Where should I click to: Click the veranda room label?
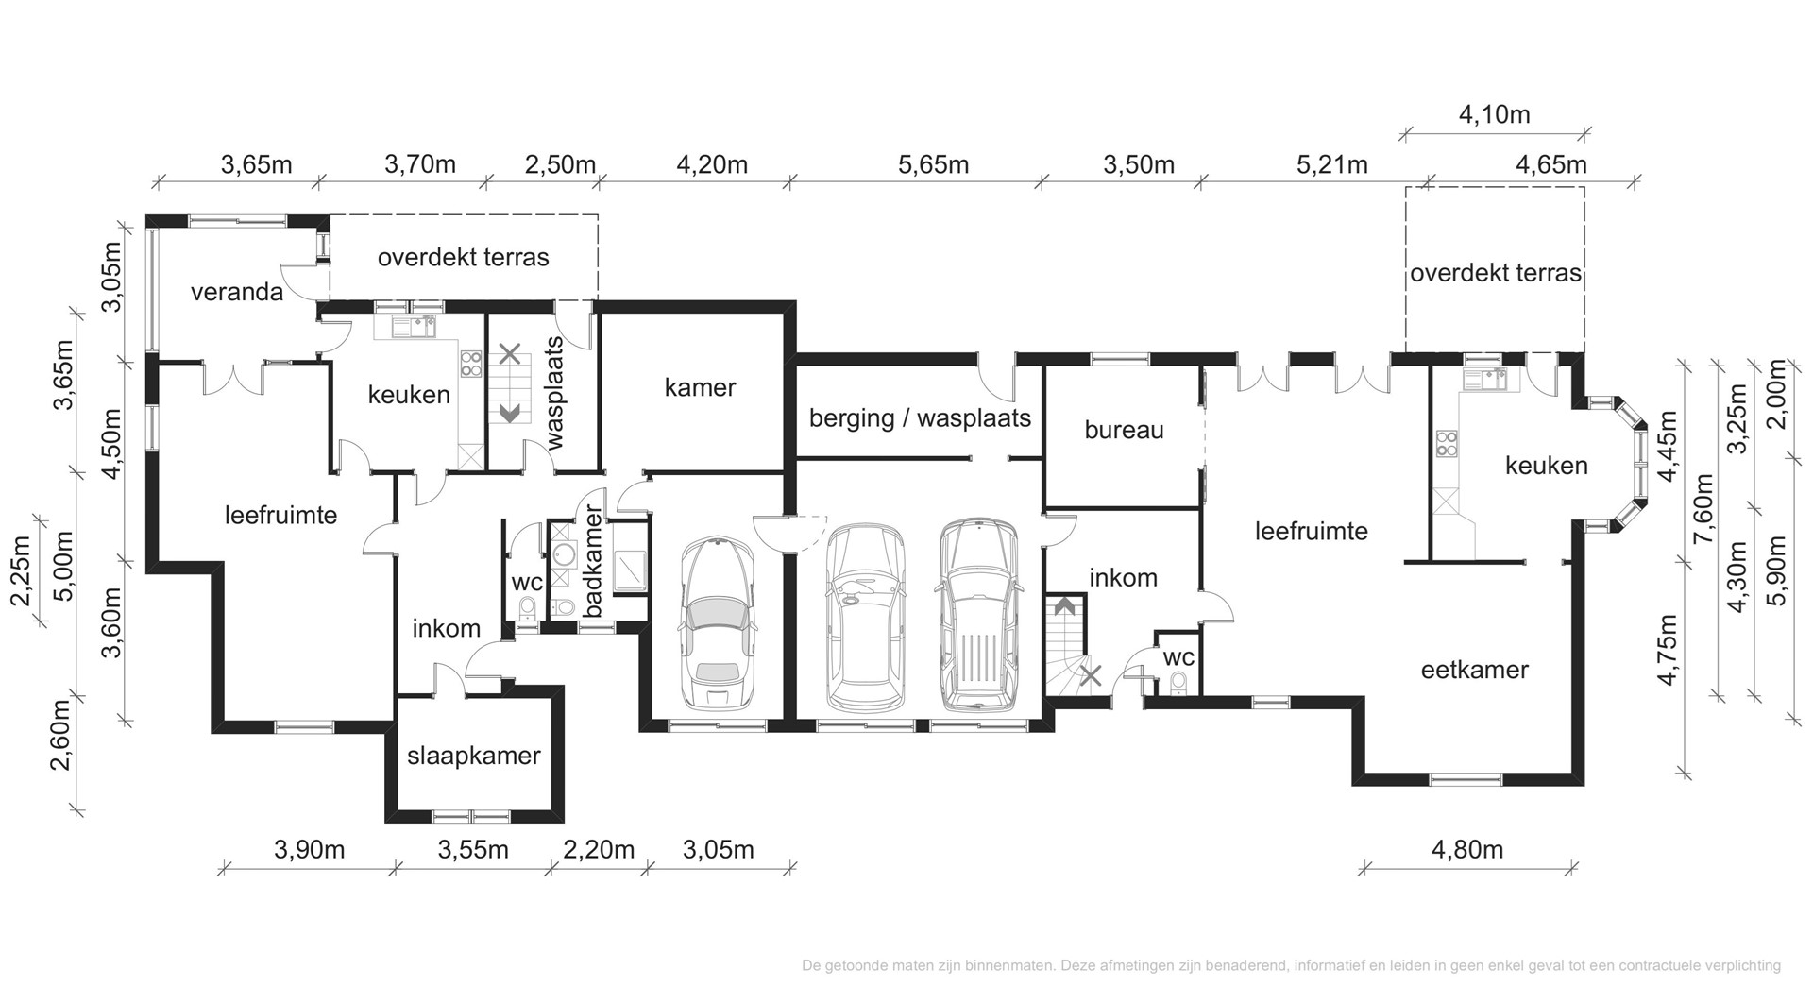click(237, 292)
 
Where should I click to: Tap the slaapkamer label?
click(473, 756)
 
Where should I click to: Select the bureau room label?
click(1124, 431)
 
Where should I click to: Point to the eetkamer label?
click(1474, 671)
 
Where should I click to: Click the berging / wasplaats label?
click(920, 418)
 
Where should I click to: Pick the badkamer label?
click(593, 562)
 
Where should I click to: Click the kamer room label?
click(700, 387)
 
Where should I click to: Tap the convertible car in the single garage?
click(718, 623)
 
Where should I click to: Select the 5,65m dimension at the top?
click(933, 165)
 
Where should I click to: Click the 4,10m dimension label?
click(1495, 115)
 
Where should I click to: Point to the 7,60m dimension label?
click(1704, 510)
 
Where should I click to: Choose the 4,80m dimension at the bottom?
click(1467, 850)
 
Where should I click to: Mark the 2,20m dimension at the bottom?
click(599, 850)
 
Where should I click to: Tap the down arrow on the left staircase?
click(510, 413)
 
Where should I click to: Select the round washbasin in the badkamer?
click(565, 556)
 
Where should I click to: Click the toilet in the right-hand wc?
click(1178, 683)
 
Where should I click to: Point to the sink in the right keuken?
click(1486, 379)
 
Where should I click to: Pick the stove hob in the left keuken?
click(470, 364)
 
